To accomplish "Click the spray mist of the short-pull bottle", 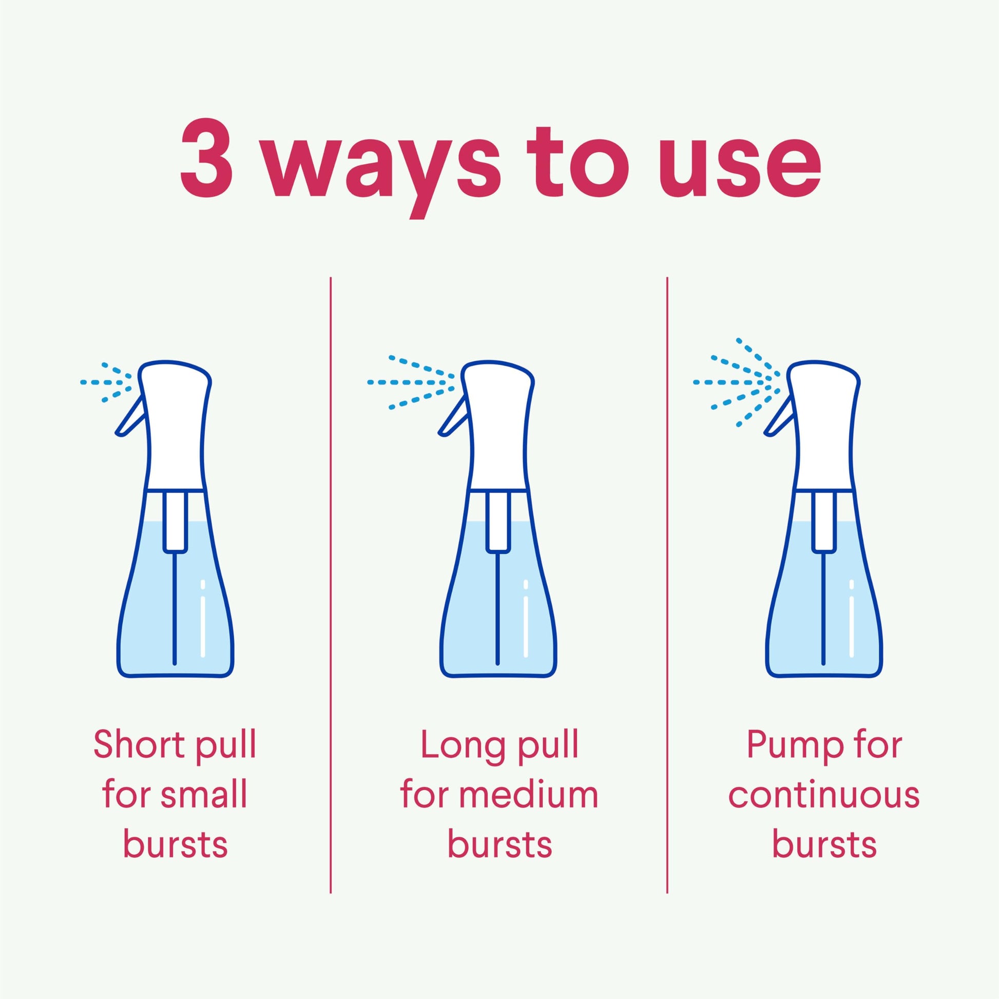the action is [106, 382].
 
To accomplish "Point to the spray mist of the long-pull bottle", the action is [411, 382].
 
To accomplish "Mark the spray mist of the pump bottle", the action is [737, 382].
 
